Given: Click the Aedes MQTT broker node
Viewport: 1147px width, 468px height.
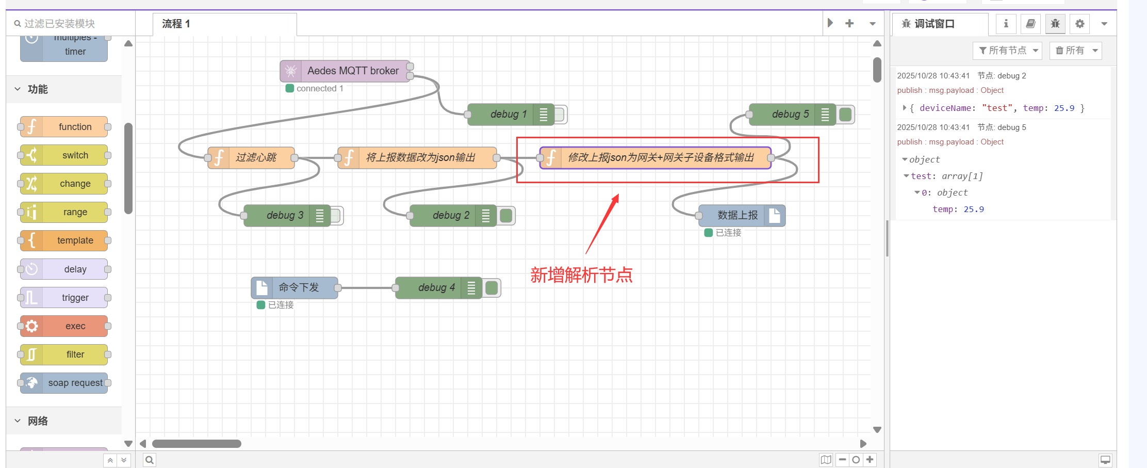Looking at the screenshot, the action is [345, 71].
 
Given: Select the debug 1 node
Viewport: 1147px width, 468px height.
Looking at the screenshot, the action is [511, 114].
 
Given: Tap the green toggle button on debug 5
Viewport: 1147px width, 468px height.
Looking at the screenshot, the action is [845, 114].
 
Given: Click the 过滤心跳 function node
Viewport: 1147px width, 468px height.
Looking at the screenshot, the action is [251, 157].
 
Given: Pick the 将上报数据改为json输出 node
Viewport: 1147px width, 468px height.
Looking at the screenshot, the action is [417, 157].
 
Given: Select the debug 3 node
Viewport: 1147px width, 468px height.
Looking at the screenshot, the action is [287, 215].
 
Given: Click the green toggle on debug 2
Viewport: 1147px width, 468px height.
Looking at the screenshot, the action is [506, 215].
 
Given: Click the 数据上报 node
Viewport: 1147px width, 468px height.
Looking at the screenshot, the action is [742, 215].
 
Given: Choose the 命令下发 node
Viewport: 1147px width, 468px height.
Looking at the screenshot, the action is [294, 287].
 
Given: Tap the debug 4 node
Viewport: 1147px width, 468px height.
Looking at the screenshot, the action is [438, 287].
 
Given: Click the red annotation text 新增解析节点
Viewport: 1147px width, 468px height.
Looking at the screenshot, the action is [581, 275].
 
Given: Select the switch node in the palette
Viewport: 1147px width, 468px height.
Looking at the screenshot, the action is [64, 155].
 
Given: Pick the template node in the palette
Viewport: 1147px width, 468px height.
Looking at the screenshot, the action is [64, 240].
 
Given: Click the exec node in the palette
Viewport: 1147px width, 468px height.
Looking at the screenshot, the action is [64, 326].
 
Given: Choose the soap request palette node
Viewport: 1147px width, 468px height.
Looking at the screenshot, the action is [64, 383].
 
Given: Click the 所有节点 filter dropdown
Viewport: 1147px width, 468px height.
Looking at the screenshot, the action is [1007, 51].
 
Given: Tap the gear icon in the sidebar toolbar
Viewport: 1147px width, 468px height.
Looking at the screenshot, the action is [1080, 24].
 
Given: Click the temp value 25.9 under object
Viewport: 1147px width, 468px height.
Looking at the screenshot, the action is [974, 209].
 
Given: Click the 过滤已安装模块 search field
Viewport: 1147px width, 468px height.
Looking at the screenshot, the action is [71, 24].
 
